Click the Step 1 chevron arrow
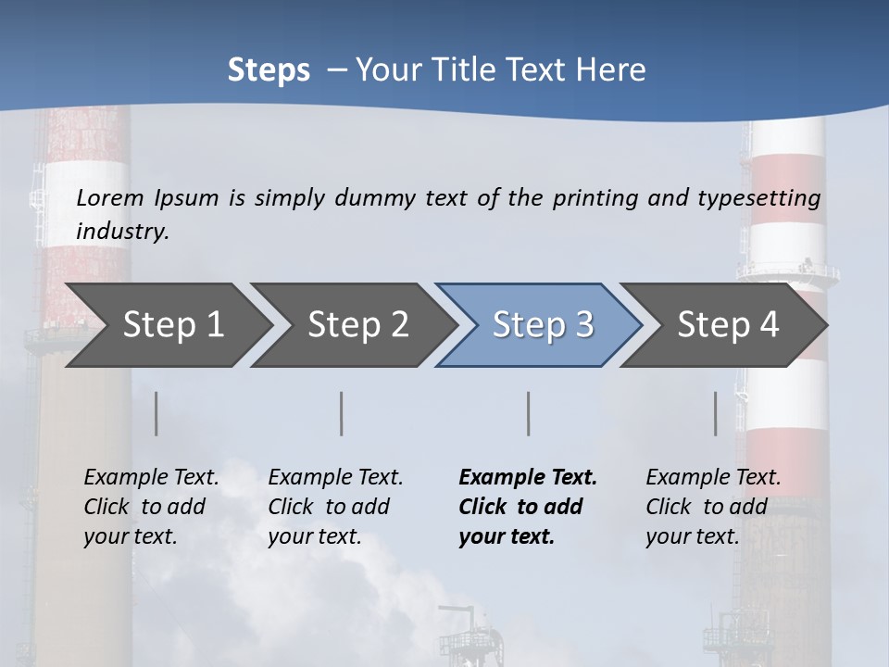coord(171,325)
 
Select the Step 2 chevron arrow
coord(357,325)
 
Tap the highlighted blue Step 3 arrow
coord(542,325)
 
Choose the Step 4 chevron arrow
coord(727,325)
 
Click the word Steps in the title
coord(269,70)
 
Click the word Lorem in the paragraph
coord(110,198)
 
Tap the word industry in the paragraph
coord(121,231)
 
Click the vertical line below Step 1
coord(157,413)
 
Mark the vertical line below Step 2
coord(342,413)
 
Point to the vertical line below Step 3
coord(529,413)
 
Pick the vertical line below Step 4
coord(716,413)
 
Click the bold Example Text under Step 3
coord(528,477)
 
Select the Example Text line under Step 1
coord(151,477)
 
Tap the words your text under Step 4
coord(692,536)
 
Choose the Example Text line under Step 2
coord(335,477)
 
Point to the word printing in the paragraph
coord(595,198)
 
